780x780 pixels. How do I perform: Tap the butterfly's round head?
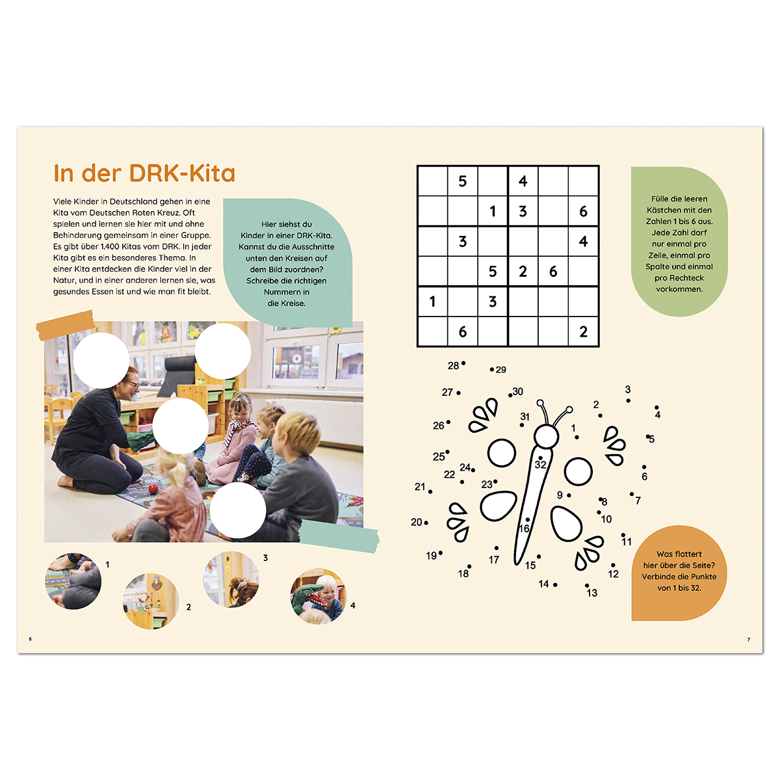(x=546, y=436)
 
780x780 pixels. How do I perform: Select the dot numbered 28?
(x=463, y=363)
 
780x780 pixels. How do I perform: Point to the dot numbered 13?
(x=586, y=585)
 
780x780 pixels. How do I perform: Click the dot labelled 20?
(x=426, y=523)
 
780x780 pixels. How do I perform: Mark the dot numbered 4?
(x=656, y=408)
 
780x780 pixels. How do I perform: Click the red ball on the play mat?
(x=153, y=489)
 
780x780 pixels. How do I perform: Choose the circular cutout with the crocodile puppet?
(x=318, y=596)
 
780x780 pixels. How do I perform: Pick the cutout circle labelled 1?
(x=73, y=581)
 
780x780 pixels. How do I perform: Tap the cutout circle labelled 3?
(x=231, y=579)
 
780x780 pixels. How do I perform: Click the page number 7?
(x=748, y=640)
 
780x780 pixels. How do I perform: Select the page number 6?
(x=30, y=639)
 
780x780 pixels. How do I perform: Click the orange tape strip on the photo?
(x=66, y=325)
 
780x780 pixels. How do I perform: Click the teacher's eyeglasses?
(x=134, y=384)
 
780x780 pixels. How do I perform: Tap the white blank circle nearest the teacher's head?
(x=101, y=360)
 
